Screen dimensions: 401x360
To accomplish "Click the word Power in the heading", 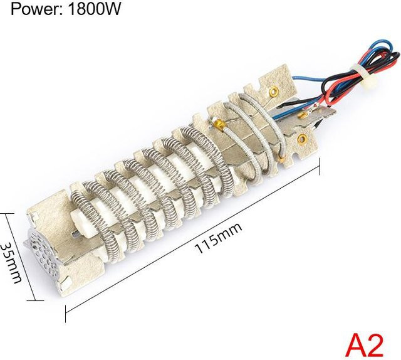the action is [34, 9].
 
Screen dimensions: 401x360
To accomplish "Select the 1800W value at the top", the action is [93, 9].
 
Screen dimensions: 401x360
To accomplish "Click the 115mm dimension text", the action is [218, 238].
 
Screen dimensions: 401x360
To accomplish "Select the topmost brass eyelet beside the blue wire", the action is [274, 90].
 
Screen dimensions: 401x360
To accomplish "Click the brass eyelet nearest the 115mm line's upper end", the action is [302, 139].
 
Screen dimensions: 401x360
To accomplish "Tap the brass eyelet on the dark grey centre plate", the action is [303, 115].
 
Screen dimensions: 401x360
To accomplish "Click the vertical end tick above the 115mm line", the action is [320, 166].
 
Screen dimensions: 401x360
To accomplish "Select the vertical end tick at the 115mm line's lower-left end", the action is [66, 314].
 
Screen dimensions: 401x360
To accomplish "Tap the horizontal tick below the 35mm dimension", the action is [35, 300].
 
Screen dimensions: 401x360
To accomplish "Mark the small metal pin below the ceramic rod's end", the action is [75, 233].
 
